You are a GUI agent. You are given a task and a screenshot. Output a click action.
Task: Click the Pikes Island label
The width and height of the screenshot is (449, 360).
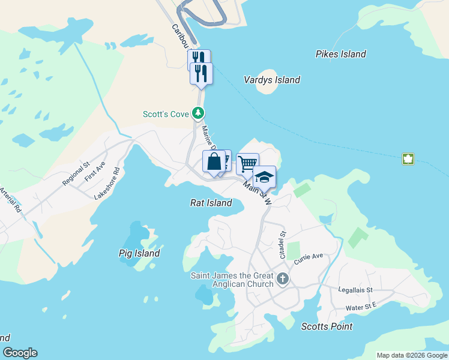[340, 54]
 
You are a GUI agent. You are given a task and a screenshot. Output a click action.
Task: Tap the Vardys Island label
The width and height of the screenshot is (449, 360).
[272, 80]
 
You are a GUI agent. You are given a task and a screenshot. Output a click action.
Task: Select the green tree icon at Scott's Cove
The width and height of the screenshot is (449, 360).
[198, 113]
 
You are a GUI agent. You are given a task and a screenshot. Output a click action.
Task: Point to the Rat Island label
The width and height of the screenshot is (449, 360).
[211, 203]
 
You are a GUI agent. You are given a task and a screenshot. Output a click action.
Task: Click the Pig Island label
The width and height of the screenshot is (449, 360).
[139, 253]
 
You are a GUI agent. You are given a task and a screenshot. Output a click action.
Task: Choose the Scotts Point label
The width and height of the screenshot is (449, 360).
[327, 326]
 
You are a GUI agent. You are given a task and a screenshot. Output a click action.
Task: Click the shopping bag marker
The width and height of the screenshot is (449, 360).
[214, 161]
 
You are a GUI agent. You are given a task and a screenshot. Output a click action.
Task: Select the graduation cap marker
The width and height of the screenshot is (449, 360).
[264, 177]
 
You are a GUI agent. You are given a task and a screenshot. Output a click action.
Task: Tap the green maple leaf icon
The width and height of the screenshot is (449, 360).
[408, 159]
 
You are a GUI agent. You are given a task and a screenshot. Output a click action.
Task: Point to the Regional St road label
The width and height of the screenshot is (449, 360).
[76, 173]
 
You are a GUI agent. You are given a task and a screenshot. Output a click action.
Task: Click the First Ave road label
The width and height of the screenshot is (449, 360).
[95, 171]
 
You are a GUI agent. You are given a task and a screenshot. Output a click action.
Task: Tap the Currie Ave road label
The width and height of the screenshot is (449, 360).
[309, 259]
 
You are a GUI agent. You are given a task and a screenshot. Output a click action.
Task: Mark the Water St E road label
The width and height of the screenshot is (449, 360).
[361, 307]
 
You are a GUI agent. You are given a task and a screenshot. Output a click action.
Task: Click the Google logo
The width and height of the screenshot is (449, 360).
[20, 353]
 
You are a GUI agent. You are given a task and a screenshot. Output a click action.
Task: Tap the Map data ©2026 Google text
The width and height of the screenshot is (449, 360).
[412, 355]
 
